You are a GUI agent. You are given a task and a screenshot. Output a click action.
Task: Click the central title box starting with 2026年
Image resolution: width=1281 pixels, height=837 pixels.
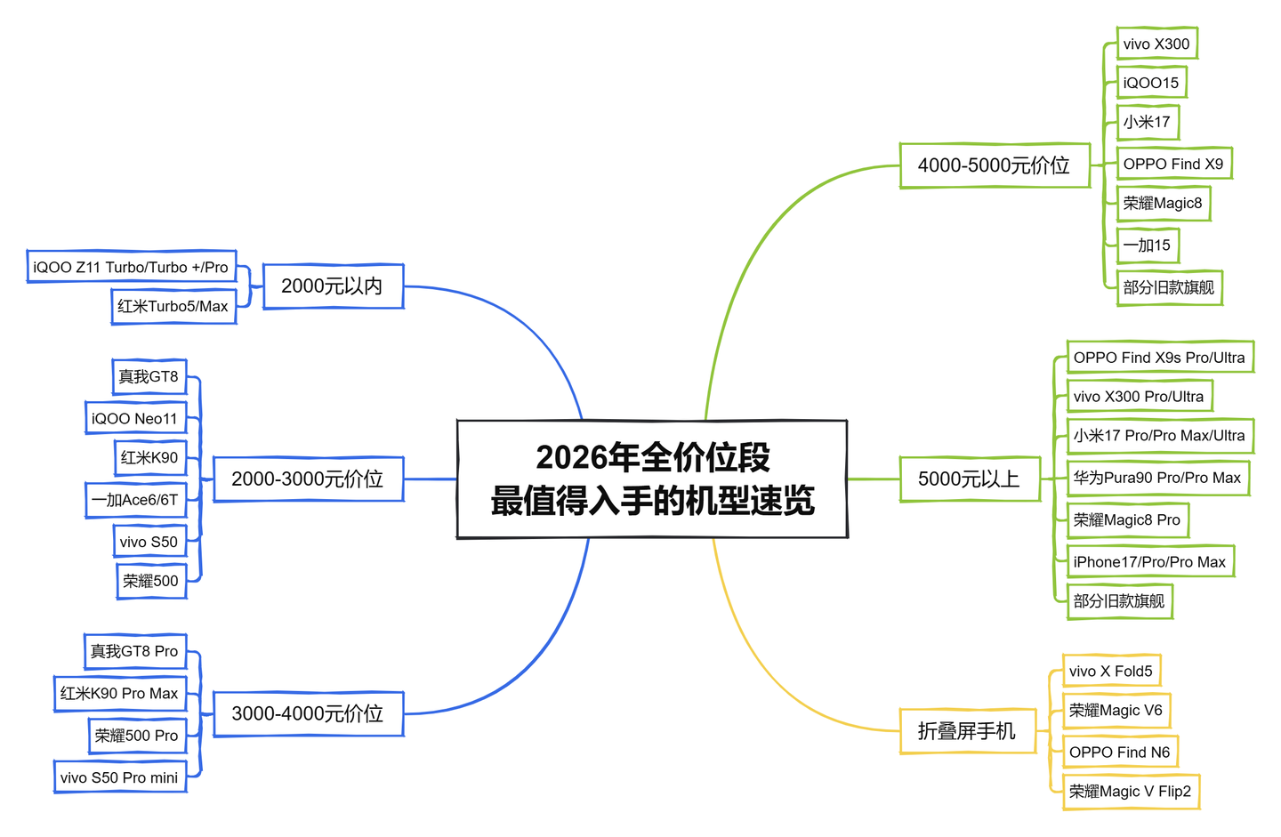[x=652, y=479]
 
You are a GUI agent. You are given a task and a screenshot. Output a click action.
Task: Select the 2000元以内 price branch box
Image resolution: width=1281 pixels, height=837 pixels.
[x=333, y=286]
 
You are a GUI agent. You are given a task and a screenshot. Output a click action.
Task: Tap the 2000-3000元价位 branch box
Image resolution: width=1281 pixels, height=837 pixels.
[x=308, y=479]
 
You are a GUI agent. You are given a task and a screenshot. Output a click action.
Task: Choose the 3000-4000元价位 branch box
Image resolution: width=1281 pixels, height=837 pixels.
[x=308, y=713]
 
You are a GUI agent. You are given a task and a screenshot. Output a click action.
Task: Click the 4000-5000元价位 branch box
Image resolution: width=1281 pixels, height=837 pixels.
[x=994, y=165]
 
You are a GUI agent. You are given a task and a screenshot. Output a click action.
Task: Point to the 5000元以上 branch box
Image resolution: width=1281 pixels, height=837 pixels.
[x=969, y=479]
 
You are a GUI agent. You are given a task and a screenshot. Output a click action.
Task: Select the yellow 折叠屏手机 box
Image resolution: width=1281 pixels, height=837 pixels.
[x=967, y=731]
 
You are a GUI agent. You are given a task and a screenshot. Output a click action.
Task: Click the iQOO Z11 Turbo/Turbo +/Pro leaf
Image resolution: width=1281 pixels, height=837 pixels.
[x=131, y=267]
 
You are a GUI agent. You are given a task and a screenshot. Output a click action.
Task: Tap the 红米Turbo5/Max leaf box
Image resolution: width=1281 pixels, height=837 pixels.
[x=173, y=306]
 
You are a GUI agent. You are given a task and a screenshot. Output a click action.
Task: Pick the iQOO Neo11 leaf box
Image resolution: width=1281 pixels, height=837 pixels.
[x=134, y=418]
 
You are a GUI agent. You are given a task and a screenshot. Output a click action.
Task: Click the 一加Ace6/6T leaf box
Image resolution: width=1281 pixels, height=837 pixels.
[x=134, y=500]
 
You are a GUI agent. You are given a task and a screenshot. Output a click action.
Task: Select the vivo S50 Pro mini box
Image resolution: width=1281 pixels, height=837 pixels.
[x=119, y=777]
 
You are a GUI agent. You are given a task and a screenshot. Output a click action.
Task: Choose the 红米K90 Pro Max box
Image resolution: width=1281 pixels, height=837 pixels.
[x=119, y=693]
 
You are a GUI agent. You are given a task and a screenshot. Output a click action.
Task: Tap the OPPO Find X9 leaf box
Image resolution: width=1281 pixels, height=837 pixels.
[x=1173, y=164]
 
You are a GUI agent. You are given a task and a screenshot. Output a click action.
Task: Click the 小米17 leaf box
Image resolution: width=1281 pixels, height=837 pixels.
[x=1147, y=122]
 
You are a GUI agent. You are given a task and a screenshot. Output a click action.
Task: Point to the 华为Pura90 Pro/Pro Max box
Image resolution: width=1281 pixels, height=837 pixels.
[x=1156, y=478]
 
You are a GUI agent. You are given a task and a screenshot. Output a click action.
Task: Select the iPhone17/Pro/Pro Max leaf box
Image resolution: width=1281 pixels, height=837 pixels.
[x=1149, y=561]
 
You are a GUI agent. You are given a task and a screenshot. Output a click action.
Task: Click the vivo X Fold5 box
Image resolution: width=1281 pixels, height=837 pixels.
[x=1111, y=671]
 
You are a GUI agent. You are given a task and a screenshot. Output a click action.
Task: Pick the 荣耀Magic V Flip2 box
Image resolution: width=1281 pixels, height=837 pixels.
[x=1130, y=792]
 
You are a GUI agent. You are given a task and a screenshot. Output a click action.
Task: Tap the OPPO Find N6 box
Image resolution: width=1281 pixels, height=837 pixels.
[x=1120, y=752]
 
